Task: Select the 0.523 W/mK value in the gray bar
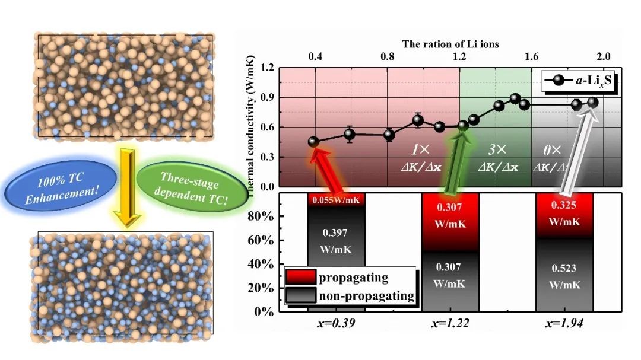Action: pos(564,276)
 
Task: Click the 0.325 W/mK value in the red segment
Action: pos(564,216)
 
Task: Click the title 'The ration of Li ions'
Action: pos(450,44)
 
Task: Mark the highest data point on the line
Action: pos(515,98)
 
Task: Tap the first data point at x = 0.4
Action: pos(314,142)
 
